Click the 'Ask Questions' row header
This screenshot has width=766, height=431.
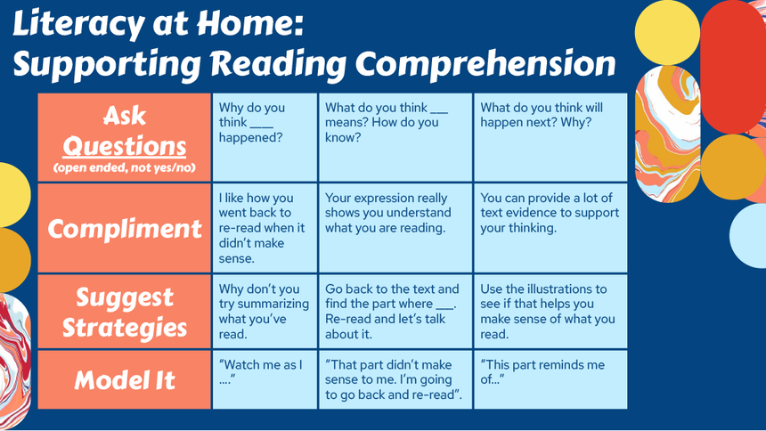click(x=125, y=137)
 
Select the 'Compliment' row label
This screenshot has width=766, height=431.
click(x=125, y=228)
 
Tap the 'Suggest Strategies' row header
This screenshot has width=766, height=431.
click(x=125, y=312)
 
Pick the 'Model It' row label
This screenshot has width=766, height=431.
click(x=125, y=379)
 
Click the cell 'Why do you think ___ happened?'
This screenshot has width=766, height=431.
click(x=265, y=137)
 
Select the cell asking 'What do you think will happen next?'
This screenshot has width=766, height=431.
click(x=550, y=137)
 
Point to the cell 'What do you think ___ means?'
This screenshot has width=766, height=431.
click(x=395, y=137)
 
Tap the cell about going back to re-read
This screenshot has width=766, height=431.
click(x=265, y=228)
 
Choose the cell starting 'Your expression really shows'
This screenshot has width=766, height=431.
click(x=395, y=228)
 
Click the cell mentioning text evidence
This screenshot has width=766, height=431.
click(x=550, y=228)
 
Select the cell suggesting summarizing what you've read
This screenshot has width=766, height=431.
click(x=265, y=312)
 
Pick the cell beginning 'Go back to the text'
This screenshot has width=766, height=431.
click(x=395, y=312)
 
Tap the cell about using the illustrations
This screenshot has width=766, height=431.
click(x=550, y=312)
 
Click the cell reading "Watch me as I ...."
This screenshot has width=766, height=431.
click(x=265, y=379)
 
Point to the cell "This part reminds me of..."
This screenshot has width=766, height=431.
click(x=550, y=379)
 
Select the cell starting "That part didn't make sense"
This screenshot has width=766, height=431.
click(x=395, y=379)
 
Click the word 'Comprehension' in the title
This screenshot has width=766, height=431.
click(x=485, y=64)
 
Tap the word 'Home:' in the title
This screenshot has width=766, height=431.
click(x=250, y=23)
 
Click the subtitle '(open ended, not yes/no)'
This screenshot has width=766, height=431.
click(x=125, y=168)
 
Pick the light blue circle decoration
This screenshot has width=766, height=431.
click(x=748, y=235)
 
